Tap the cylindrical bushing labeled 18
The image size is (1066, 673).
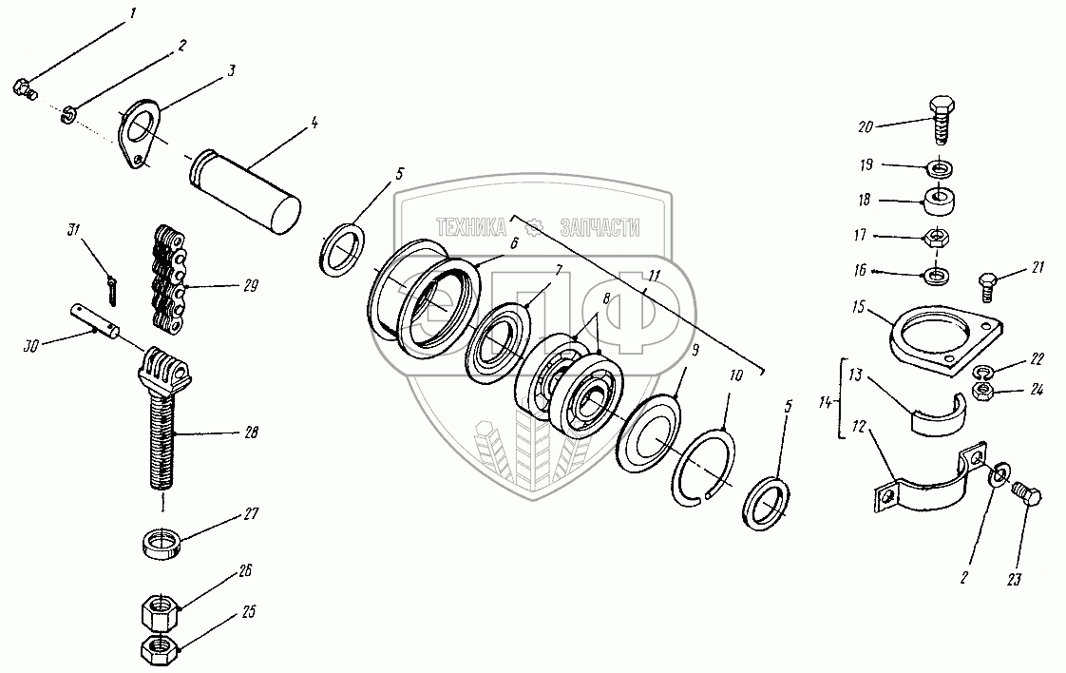(939, 202)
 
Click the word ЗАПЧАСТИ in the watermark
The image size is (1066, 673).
(600, 227)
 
